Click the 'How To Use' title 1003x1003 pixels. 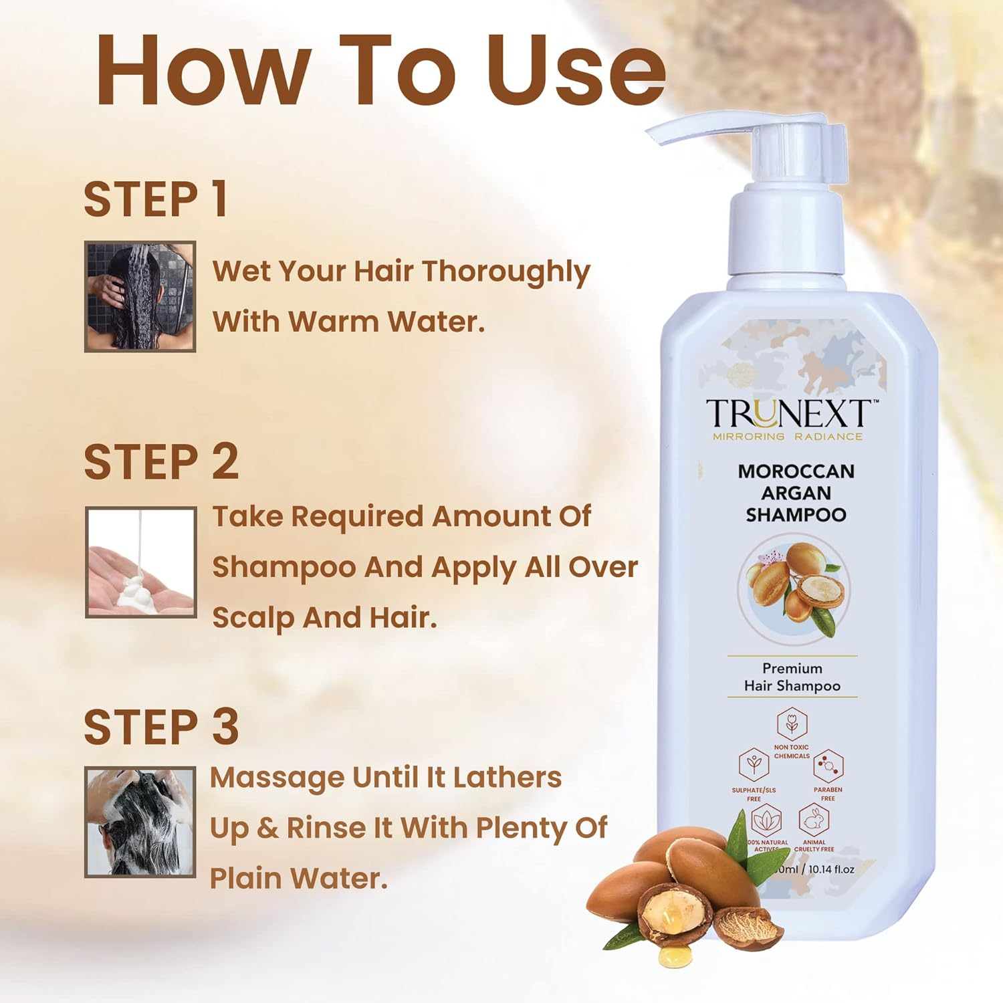[381, 70]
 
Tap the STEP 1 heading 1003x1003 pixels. [155, 199]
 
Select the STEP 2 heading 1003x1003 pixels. [160, 462]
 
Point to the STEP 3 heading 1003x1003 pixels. [160, 727]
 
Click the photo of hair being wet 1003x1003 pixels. [140, 296]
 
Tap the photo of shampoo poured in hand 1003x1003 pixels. [141, 562]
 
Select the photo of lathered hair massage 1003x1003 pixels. [140, 822]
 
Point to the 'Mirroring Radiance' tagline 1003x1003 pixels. [788, 437]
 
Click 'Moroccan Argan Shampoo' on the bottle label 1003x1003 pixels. [796, 493]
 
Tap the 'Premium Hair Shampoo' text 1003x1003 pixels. [792, 677]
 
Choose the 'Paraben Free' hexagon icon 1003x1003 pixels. [828, 766]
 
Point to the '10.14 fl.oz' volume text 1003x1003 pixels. [831, 869]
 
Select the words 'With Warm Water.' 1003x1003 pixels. [348, 322]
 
